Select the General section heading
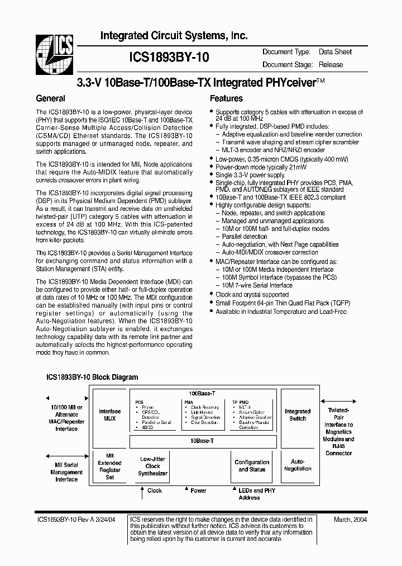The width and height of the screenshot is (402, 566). (50, 98)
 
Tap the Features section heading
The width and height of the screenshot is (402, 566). (226, 98)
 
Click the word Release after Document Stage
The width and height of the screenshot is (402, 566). (331, 64)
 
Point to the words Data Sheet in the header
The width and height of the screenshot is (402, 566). (335, 52)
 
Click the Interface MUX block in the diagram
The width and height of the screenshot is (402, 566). (109, 415)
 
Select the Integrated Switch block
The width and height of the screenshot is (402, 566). (298, 414)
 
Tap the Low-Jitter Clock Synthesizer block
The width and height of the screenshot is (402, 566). (152, 466)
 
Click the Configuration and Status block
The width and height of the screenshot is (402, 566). (252, 466)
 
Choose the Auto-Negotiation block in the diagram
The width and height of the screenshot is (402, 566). (298, 465)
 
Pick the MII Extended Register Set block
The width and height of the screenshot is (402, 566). (109, 466)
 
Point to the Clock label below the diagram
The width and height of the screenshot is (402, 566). (155, 490)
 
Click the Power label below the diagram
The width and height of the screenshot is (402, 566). (198, 490)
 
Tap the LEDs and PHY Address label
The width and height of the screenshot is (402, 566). (249, 494)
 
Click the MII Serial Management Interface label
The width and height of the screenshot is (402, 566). (66, 472)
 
